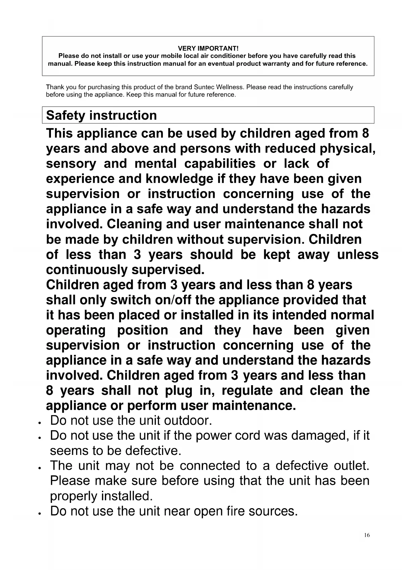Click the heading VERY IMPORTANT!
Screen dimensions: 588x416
tap(208, 49)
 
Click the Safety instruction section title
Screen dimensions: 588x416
tap(101, 115)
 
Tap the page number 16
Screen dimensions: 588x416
tap(367, 535)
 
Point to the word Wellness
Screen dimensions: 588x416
tap(231, 87)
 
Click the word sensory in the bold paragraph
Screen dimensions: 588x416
tap(71, 164)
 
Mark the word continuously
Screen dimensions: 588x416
tap(86, 270)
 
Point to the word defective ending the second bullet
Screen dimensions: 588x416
tap(153, 451)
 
